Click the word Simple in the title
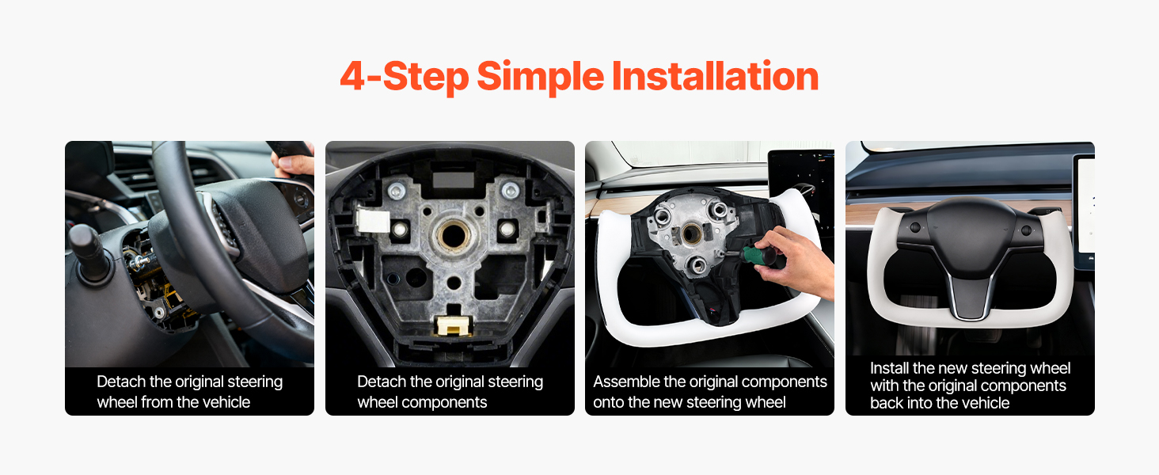540,78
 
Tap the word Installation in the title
715,76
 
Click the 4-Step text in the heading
404,78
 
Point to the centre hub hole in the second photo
454,236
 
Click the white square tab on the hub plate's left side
373,222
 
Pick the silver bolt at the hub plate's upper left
397,191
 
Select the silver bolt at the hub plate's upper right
510,191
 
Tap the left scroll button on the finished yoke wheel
915,227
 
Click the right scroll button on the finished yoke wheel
1025,230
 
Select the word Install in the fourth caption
889,368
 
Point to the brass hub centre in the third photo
692,234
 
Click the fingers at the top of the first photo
293,164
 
